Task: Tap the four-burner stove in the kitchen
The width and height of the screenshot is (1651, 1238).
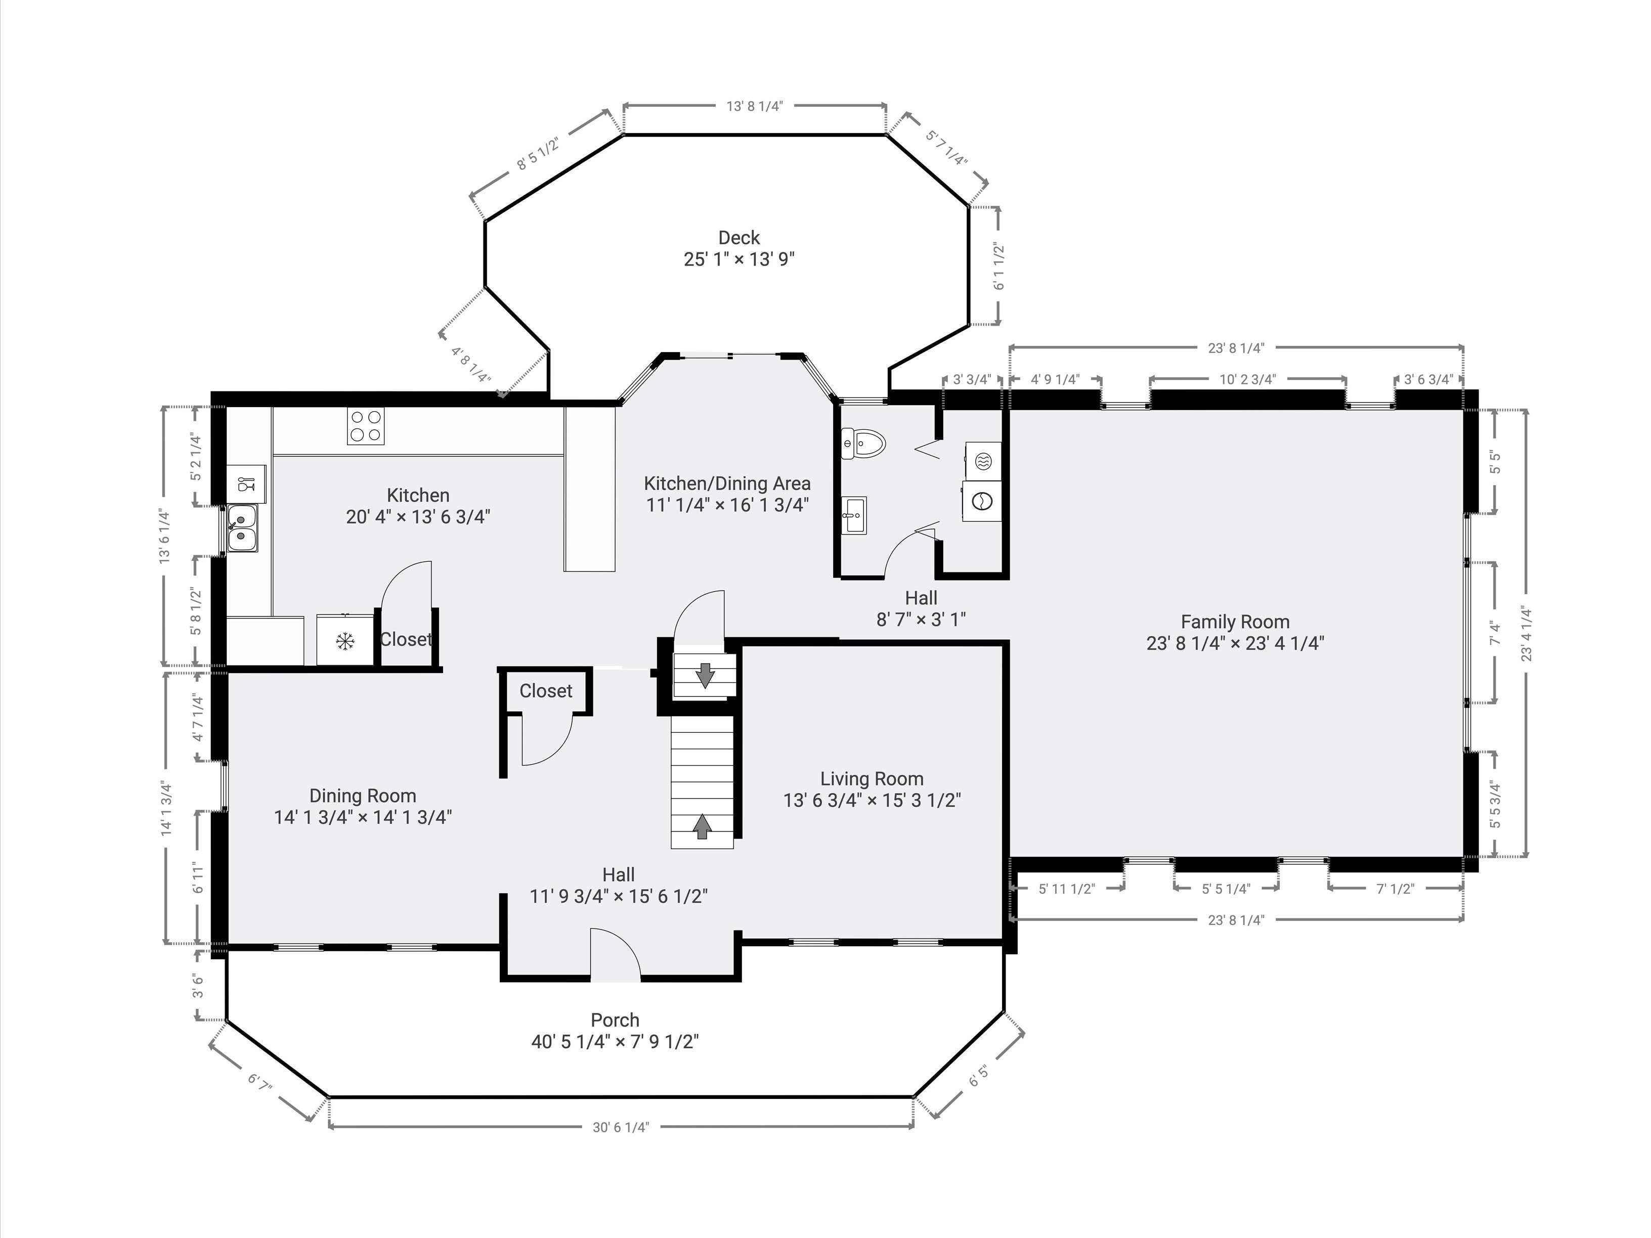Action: (366, 427)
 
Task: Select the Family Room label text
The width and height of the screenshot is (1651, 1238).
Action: (1235, 622)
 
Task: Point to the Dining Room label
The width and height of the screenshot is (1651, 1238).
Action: (363, 795)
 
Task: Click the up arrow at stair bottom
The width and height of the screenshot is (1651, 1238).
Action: (702, 826)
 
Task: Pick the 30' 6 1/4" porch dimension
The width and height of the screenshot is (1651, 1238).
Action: (621, 1127)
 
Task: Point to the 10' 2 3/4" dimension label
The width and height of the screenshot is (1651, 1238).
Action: (1247, 379)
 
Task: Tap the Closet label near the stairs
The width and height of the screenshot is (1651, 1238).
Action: (546, 691)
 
